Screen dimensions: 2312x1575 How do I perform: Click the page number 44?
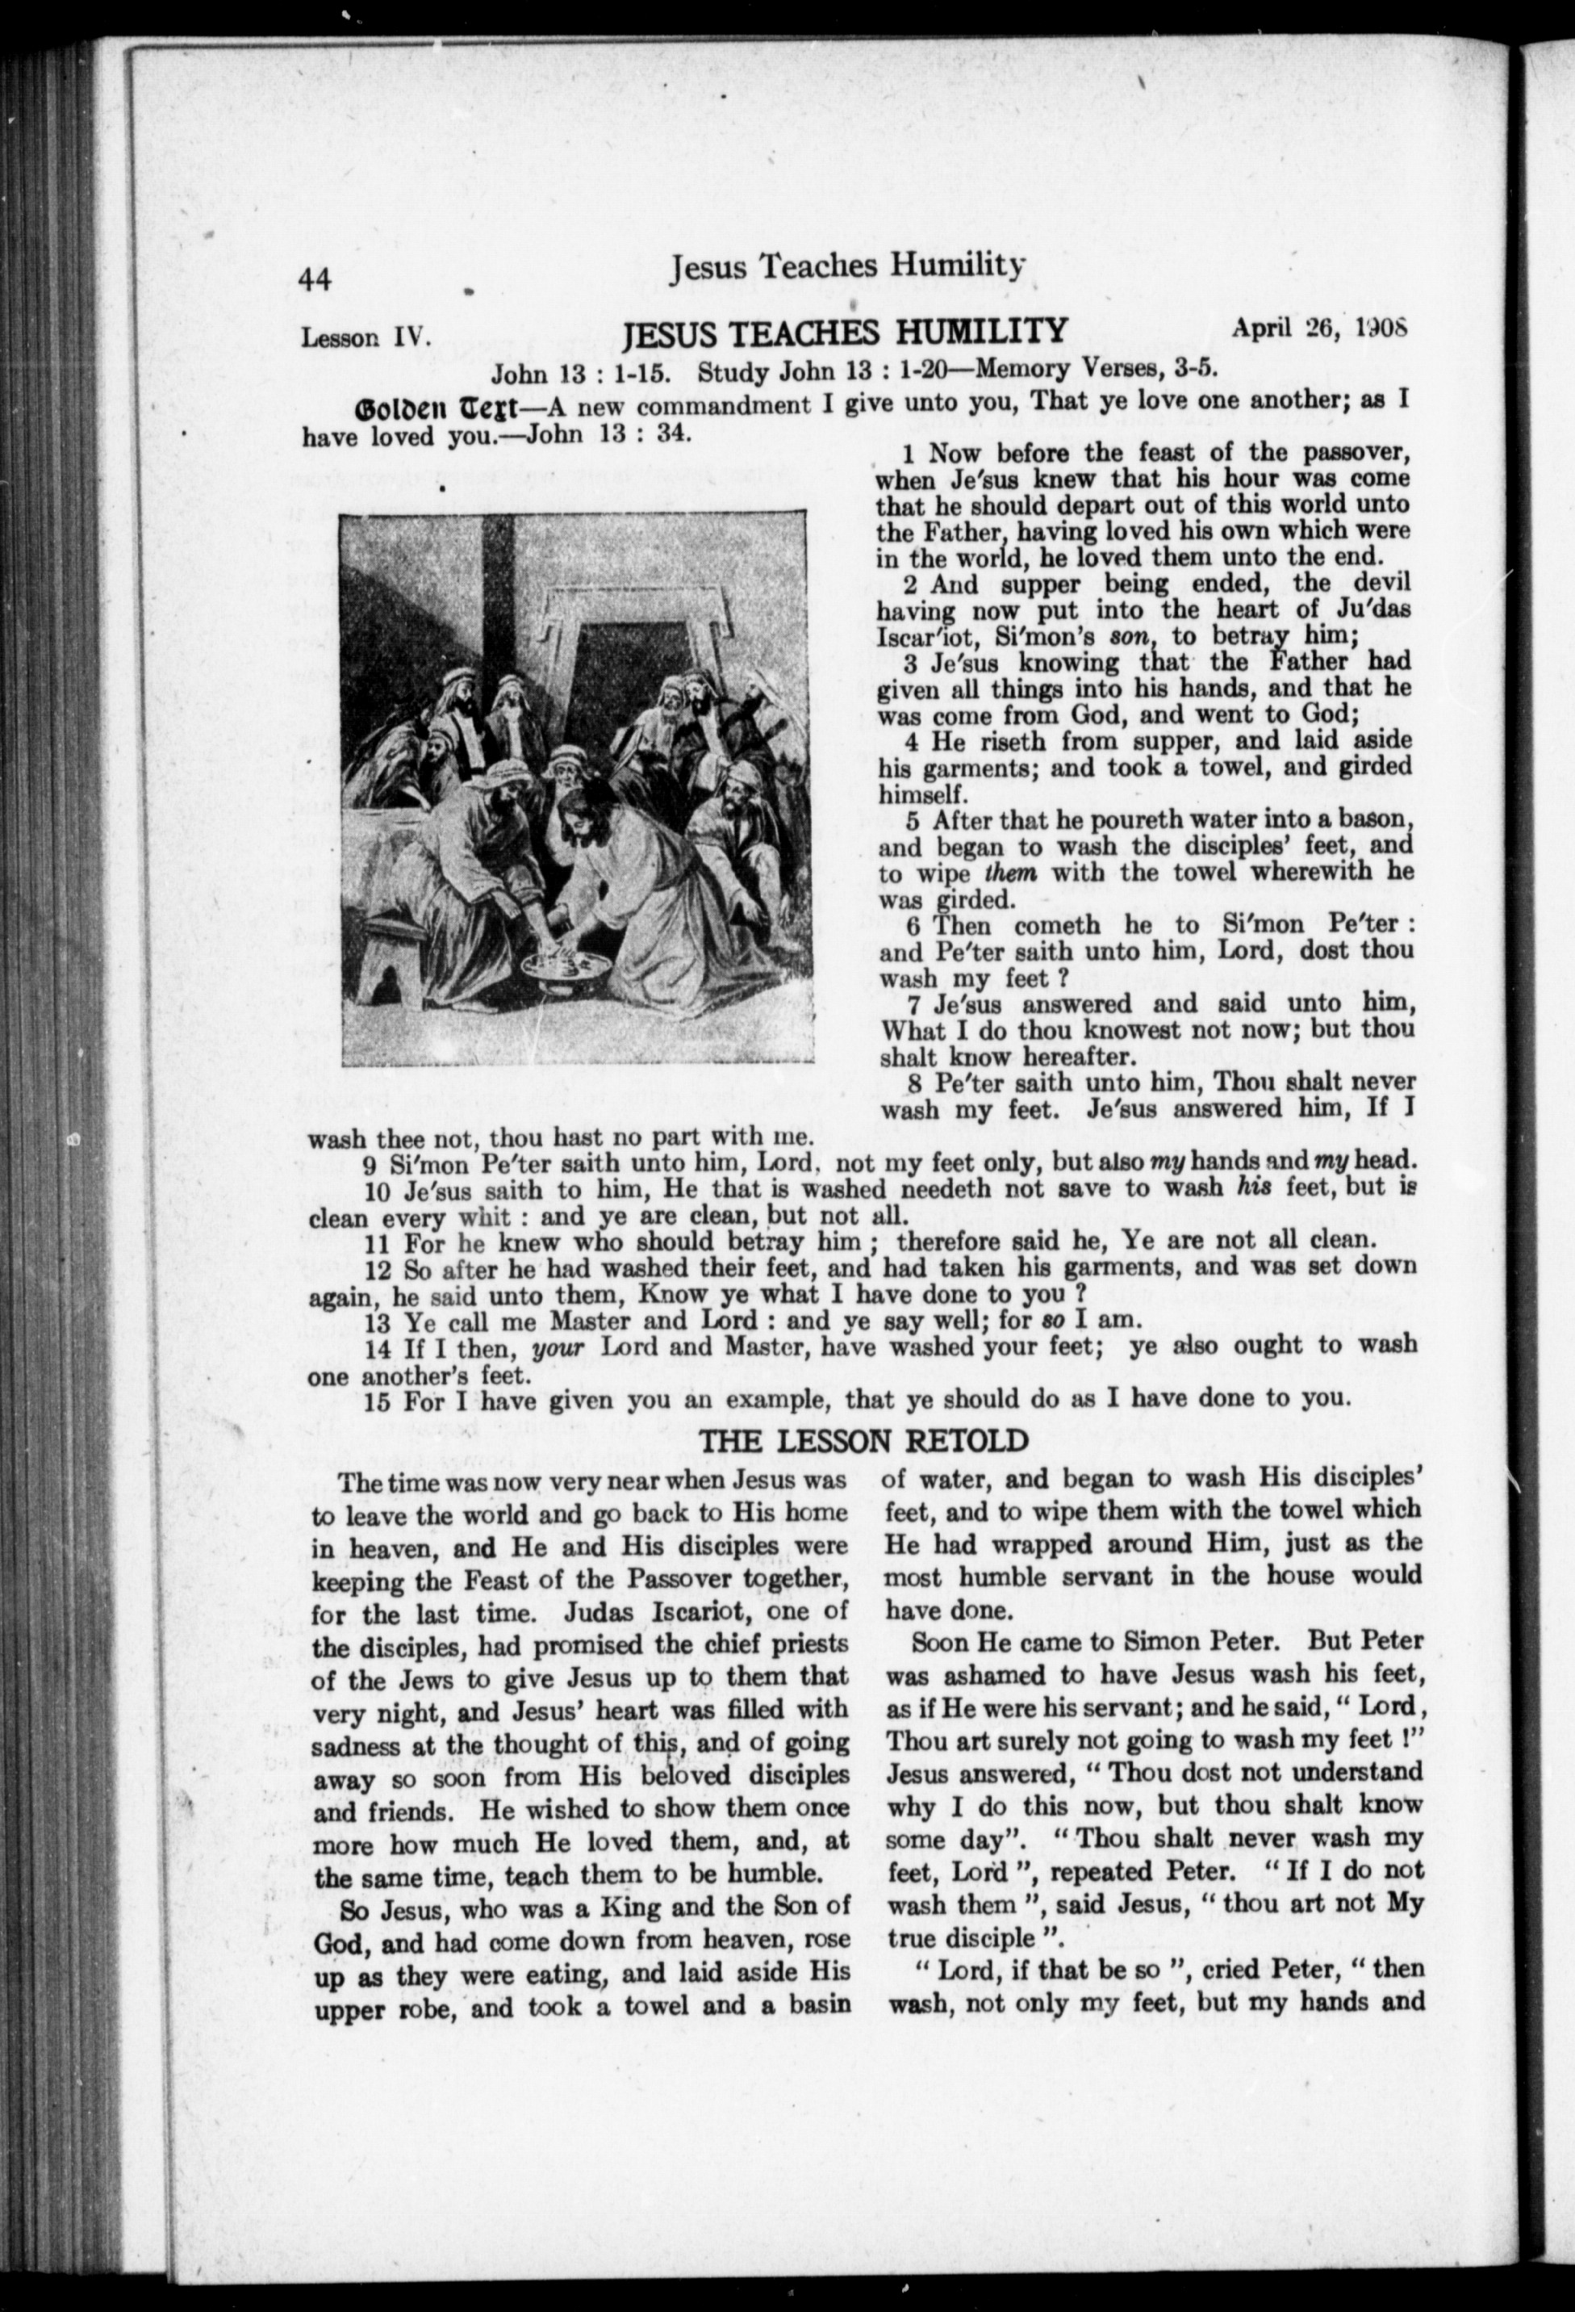click(x=315, y=281)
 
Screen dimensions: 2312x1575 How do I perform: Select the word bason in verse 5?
click(x=1378, y=819)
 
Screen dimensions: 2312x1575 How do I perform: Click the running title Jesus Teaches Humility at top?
click(x=847, y=266)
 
